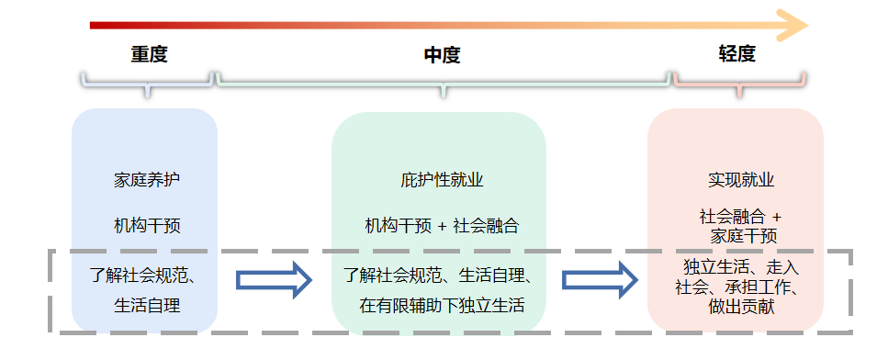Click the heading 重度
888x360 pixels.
148,53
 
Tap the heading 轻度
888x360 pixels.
736,53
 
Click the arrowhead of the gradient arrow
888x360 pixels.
792,25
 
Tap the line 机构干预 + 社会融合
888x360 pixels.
442,225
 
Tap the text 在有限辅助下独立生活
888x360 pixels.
442,305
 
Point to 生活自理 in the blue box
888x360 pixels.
147,305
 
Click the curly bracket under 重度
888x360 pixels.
147,83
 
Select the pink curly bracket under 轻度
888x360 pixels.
739,83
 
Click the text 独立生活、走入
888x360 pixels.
741,267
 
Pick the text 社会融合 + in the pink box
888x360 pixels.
740,217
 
